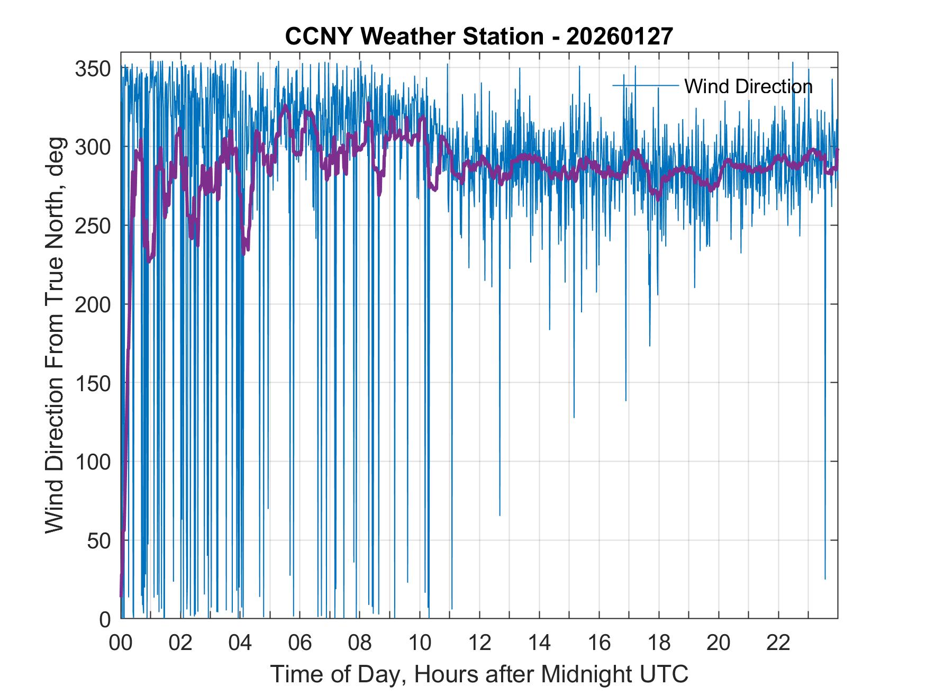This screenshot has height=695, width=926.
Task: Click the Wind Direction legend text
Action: pyautogui.click(x=748, y=86)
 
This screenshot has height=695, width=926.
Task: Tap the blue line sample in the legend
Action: pyautogui.click(x=646, y=85)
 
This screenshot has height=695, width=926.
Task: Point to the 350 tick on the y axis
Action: pyautogui.click(x=93, y=68)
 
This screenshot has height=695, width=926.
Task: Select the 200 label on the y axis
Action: pyautogui.click(x=93, y=304)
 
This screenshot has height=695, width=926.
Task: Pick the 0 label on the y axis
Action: pyautogui.click(x=105, y=619)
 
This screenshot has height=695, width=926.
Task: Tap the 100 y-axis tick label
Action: pyautogui.click(x=93, y=462)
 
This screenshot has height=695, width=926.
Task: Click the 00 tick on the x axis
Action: pyautogui.click(x=121, y=643)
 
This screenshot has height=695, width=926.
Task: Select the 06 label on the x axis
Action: pyautogui.click(x=300, y=643)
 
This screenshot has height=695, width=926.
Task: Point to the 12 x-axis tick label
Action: pyautogui.click(x=479, y=643)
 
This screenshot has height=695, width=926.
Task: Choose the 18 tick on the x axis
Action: pyautogui.click(x=659, y=643)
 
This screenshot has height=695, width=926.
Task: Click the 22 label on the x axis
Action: pyautogui.click(x=778, y=643)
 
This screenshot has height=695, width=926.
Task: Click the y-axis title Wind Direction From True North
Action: pyautogui.click(x=55, y=335)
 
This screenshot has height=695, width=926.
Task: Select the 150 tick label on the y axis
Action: pyautogui.click(x=93, y=383)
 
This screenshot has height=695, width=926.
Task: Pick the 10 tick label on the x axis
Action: pyautogui.click(x=420, y=643)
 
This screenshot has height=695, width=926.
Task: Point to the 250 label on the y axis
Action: pyautogui.click(x=93, y=225)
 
